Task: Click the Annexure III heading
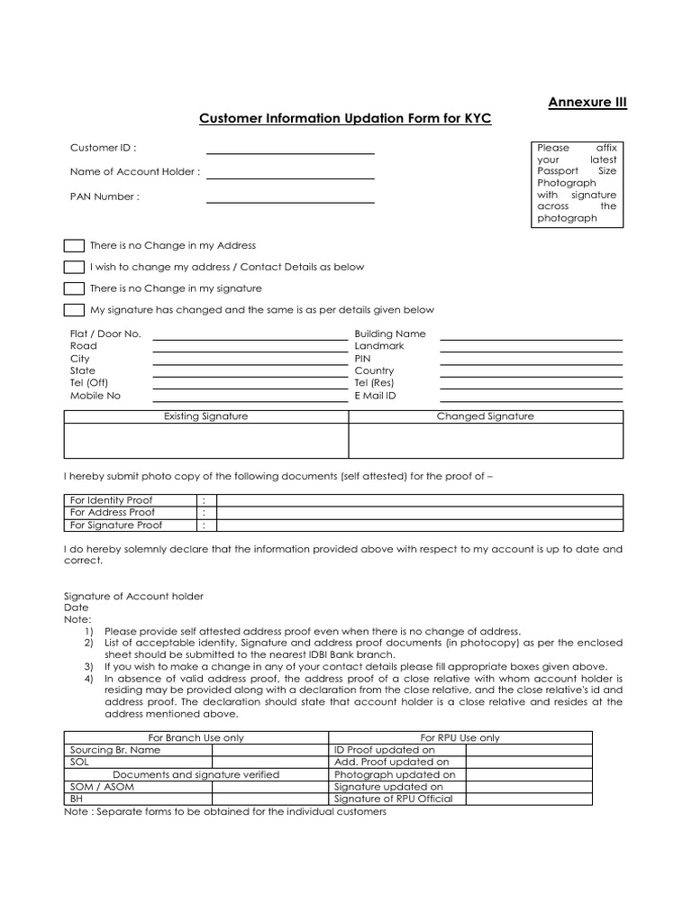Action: pos(587,102)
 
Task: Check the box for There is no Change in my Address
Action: pos(74,245)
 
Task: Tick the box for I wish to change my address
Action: pos(74,267)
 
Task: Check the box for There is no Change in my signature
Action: pos(74,288)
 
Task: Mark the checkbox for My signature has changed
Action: pos(74,310)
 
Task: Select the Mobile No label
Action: pos(95,396)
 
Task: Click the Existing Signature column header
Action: pos(205,416)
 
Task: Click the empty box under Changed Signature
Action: pos(486,441)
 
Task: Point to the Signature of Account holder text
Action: pos(134,596)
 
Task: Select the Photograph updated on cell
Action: pos(395,774)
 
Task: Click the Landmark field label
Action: pos(379,346)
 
